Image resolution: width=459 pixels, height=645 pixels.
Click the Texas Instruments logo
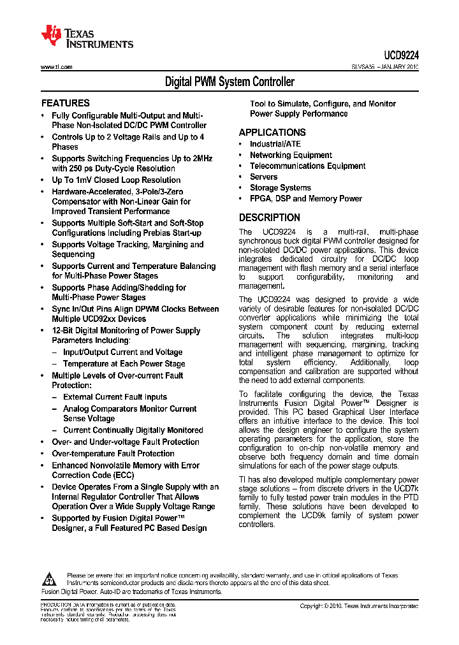87,37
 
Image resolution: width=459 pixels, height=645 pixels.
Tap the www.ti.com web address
56,67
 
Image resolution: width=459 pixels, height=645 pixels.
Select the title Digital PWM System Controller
229,82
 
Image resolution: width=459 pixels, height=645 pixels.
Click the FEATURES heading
65,103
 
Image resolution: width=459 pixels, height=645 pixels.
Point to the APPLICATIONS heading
272,133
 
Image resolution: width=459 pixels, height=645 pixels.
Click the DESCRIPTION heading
269,217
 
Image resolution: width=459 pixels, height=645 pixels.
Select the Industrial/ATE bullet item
275,144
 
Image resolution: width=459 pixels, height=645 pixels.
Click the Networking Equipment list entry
291,155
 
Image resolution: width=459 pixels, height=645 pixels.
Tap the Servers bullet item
263,177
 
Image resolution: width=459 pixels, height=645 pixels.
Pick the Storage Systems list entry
280,187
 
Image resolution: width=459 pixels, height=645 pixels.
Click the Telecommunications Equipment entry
307,166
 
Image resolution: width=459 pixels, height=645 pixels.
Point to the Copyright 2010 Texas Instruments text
359,606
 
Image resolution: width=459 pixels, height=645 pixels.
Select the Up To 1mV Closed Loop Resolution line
116,180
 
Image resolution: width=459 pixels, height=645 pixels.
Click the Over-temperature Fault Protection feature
113,454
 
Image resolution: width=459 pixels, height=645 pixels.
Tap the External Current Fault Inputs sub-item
115,397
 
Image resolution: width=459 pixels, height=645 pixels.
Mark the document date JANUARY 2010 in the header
398,67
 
